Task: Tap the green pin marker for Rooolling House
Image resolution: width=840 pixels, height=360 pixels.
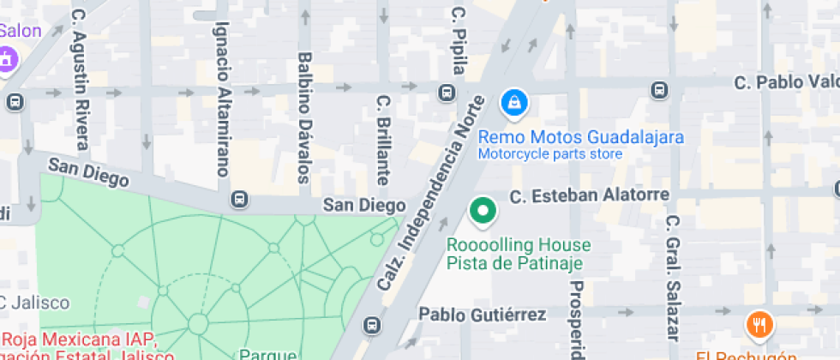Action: click(483, 211)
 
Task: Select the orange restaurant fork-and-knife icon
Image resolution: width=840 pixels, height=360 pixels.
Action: click(759, 325)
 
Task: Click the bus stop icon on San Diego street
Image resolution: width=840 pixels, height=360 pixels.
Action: click(240, 199)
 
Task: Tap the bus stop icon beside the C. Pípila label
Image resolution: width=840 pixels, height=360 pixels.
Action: click(447, 93)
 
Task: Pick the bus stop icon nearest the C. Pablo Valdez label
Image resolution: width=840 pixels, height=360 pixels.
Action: click(659, 89)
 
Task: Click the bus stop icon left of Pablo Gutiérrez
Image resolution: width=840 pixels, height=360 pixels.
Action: click(372, 326)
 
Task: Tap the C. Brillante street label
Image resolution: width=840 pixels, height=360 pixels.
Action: click(383, 140)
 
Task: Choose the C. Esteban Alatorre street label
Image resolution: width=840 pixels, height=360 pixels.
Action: click(589, 195)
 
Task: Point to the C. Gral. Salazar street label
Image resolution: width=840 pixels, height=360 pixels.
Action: click(672, 277)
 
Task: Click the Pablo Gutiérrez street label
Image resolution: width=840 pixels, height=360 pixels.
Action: click(482, 315)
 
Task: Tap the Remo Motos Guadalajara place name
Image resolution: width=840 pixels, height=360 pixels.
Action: click(580, 137)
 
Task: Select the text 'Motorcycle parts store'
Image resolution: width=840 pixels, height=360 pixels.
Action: click(549, 154)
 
